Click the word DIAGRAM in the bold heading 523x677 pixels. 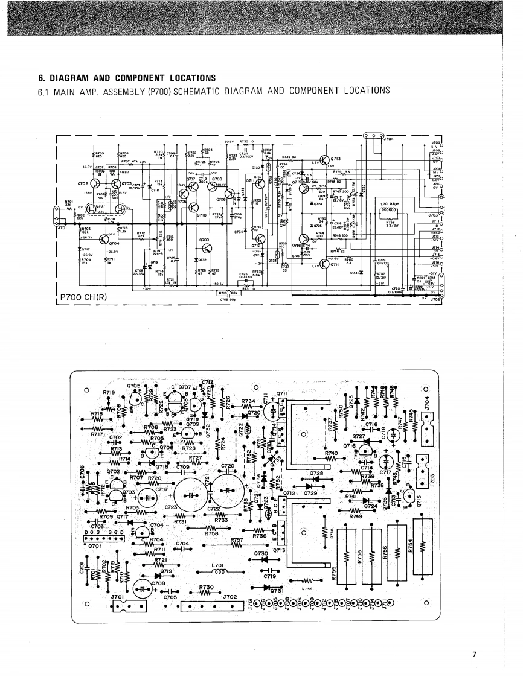pyautogui.click(x=75, y=78)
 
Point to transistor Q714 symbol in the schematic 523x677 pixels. pyautogui.click(x=317, y=263)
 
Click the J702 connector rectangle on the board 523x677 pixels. pyautogui.click(x=207, y=605)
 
